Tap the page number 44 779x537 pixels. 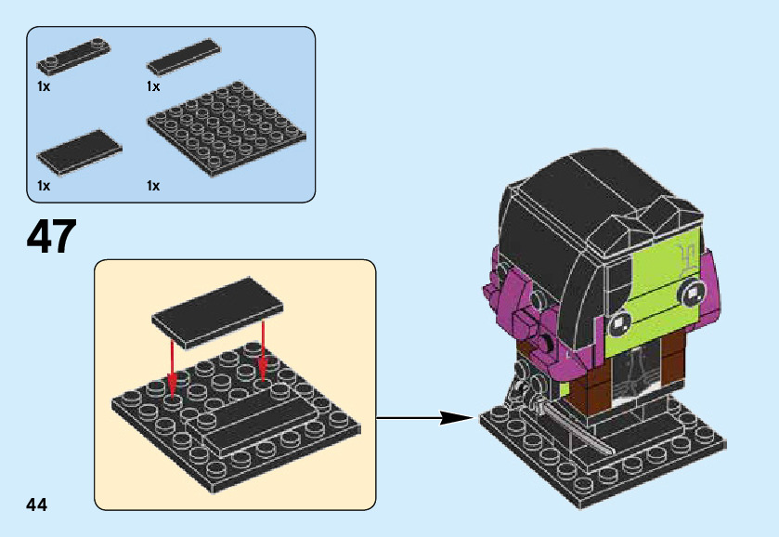37,504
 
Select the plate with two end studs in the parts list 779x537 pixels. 73,56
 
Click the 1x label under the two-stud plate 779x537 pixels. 44,86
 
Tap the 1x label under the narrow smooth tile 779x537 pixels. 153,86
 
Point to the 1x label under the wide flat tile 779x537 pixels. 44,186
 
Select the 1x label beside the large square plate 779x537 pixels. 153,186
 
